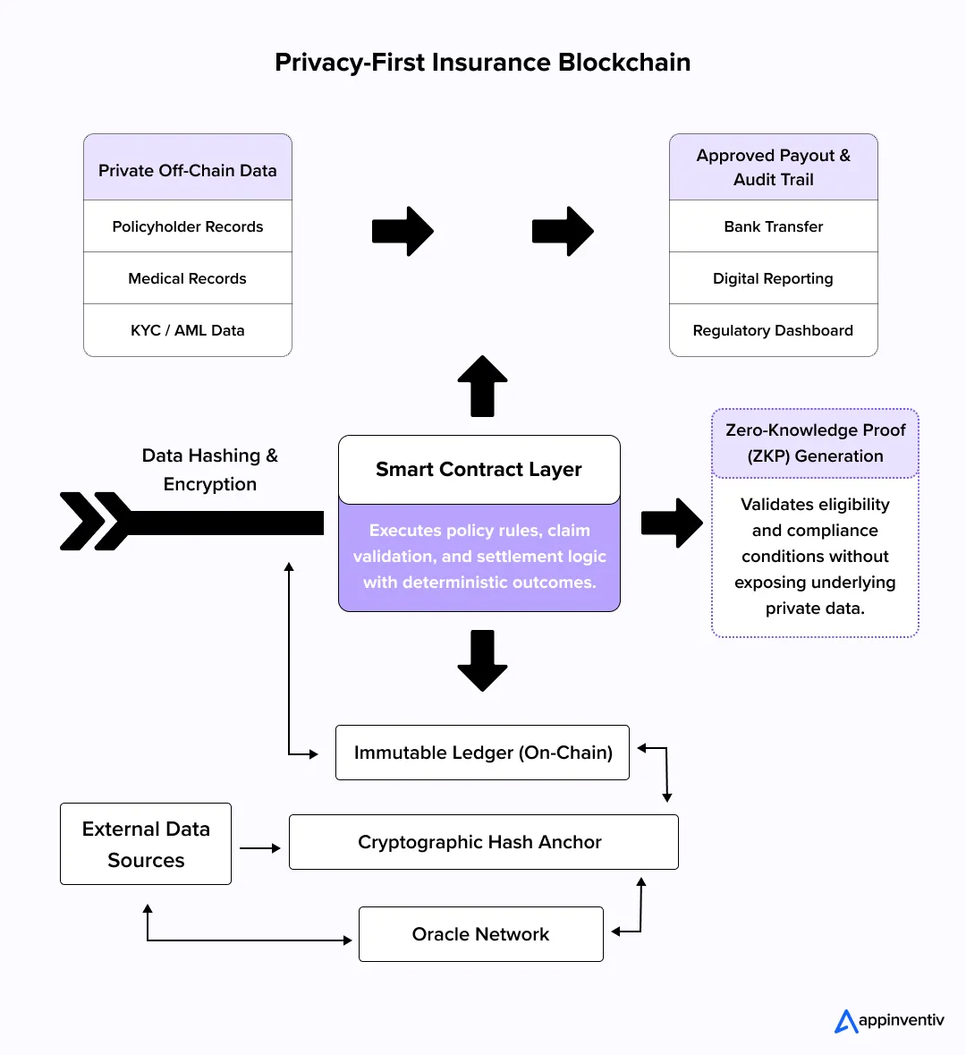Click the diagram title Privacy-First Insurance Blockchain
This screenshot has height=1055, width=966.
click(482, 63)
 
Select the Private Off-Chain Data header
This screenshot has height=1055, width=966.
click(188, 170)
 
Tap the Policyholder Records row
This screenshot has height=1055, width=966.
click(188, 226)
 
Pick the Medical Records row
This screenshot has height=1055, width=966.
click(188, 278)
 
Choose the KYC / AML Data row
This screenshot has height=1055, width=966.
click(188, 330)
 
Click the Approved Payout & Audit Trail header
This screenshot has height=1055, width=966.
click(774, 167)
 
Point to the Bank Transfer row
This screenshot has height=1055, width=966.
click(774, 226)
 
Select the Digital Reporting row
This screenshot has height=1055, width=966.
click(774, 278)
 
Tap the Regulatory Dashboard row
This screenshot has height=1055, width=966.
click(774, 330)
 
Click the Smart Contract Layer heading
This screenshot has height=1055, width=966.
click(479, 470)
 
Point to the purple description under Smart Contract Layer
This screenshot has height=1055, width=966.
click(479, 556)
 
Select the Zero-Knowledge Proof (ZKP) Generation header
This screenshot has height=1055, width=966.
click(815, 443)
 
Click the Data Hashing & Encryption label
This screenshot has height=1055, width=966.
click(210, 470)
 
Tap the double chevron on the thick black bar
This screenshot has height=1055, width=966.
click(95, 521)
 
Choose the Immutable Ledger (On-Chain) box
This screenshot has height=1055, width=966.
click(482, 753)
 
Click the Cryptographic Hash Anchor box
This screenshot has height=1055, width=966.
click(483, 842)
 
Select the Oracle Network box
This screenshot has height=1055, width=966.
click(481, 934)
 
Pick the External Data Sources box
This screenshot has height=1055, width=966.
click(146, 844)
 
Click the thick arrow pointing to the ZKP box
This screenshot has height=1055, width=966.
click(672, 523)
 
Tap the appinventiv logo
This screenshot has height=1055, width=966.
click(889, 1021)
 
